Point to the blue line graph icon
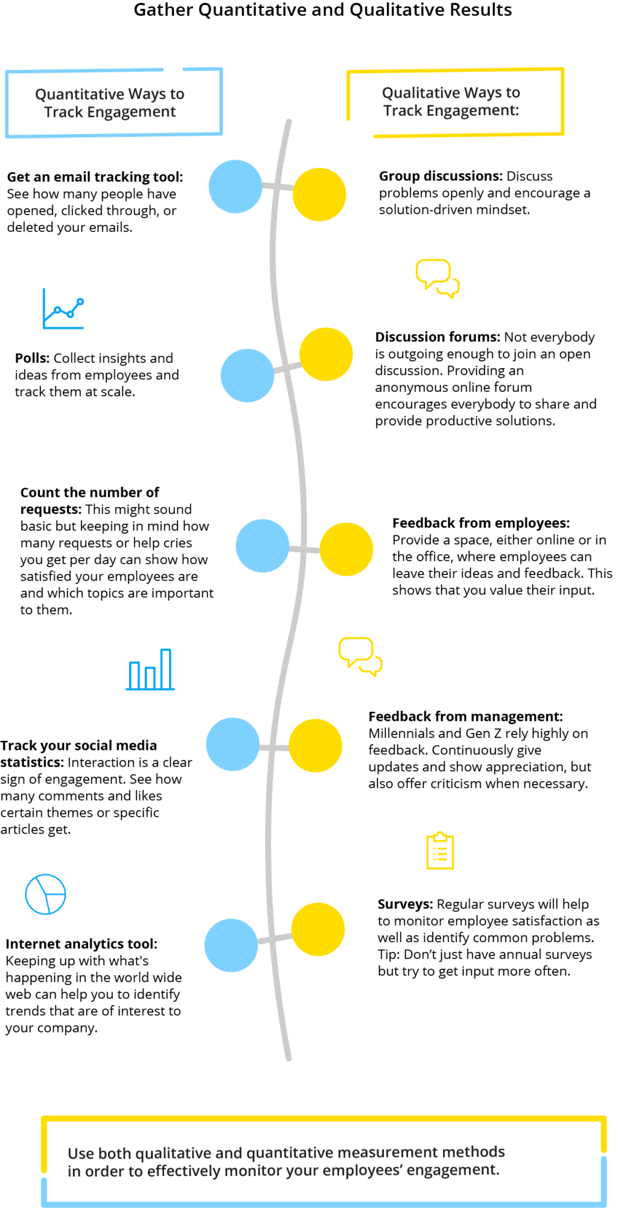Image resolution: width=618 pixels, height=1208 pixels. [63, 309]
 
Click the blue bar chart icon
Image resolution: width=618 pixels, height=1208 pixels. [150, 670]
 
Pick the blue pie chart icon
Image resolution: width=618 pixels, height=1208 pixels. [46, 894]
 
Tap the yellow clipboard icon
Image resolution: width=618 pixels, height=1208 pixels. [440, 851]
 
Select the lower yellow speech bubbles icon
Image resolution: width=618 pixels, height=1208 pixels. [360, 656]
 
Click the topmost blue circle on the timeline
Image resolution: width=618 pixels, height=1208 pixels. [235, 186]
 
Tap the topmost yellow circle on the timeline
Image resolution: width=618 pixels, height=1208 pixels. [319, 195]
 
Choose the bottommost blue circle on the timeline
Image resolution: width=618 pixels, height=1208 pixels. [231, 945]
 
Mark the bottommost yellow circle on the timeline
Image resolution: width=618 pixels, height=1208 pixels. [318, 929]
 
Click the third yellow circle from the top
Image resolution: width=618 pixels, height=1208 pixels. [346, 549]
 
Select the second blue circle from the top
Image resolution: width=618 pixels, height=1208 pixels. [247, 376]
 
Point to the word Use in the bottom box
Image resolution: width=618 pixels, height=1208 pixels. [80, 1154]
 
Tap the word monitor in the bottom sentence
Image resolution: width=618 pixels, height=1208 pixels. [256, 1171]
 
